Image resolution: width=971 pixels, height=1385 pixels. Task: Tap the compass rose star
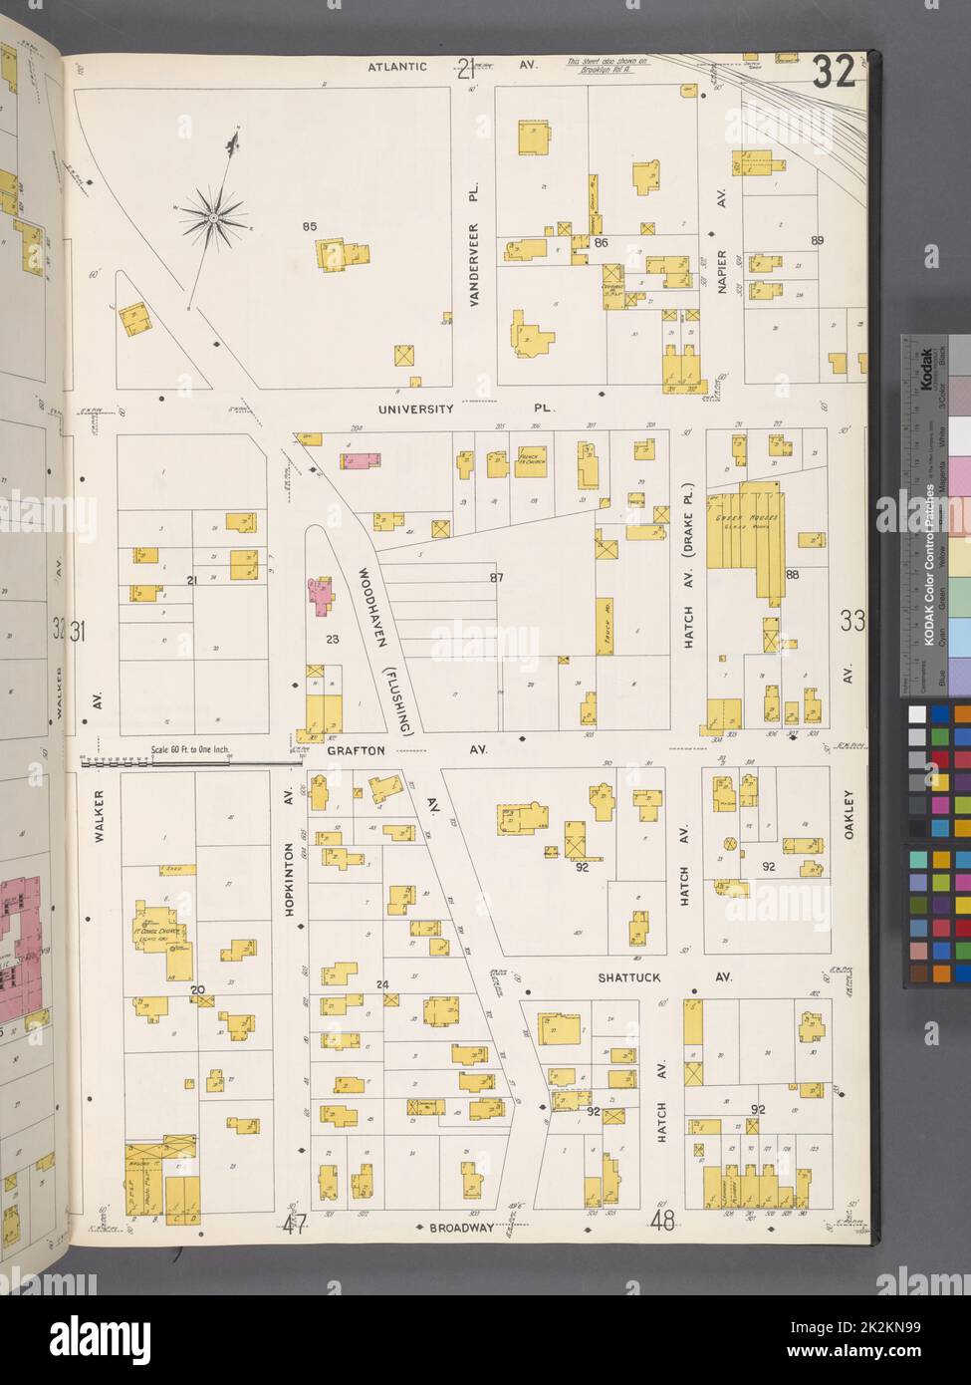pyautogui.click(x=213, y=213)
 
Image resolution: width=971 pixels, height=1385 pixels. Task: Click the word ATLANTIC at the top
pyautogui.click(x=397, y=67)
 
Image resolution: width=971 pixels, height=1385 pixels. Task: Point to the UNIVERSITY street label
pyautogui.click(x=416, y=409)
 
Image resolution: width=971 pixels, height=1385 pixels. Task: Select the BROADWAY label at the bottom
pyautogui.click(x=461, y=1228)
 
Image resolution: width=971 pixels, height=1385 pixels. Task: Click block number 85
pyautogui.click(x=309, y=228)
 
